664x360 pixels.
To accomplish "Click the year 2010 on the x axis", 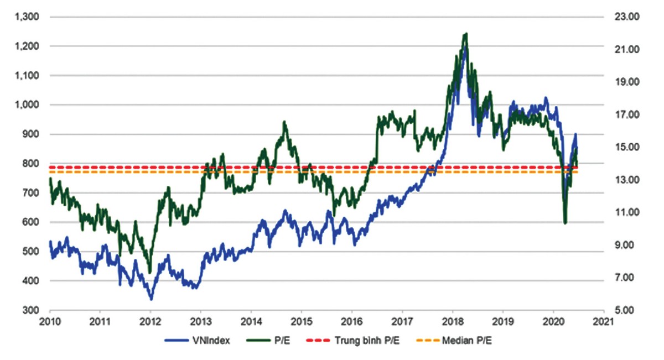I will tap(50, 321).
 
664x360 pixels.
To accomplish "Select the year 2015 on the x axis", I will tap(302, 321).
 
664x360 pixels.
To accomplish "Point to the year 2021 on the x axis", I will tap(604, 321).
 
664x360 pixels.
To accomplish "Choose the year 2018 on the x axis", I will tap(453, 321).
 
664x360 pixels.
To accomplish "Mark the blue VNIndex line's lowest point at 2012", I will tap(151, 299).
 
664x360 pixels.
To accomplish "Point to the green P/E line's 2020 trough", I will tap(565, 223).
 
